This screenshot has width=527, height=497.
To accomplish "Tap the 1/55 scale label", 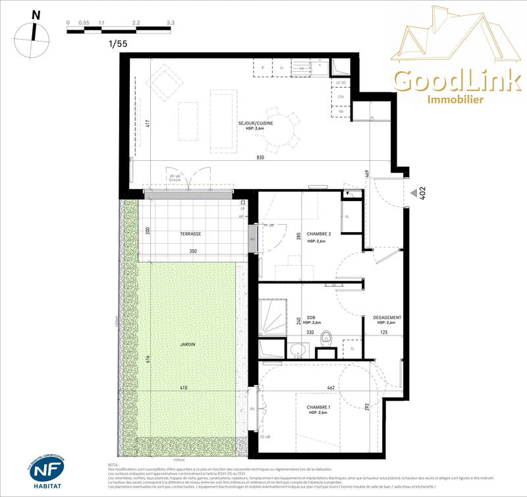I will tap(118, 44).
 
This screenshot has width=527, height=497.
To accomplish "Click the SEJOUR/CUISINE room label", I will tap(256, 123).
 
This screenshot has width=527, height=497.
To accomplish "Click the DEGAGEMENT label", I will tap(387, 316).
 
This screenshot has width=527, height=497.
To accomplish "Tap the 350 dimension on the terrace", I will tap(192, 252).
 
